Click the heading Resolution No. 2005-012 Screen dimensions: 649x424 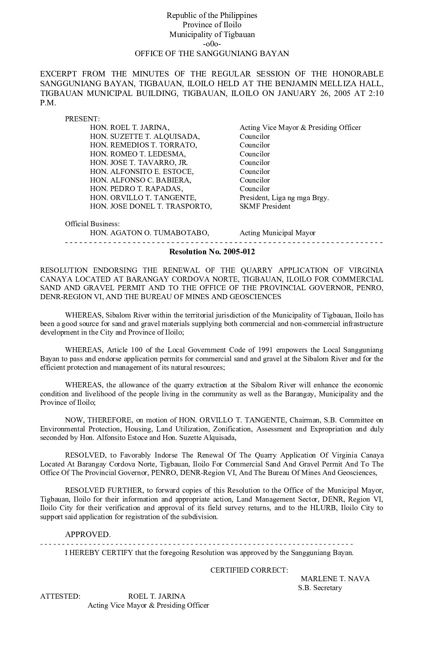[x=212, y=252]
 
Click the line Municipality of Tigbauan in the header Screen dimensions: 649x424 [x=212, y=34]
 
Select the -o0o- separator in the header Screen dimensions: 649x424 [x=212, y=44]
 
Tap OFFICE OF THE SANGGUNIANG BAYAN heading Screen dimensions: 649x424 [x=212, y=53]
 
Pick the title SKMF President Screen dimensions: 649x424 [x=265, y=206]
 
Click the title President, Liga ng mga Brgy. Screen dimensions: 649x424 [x=284, y=198]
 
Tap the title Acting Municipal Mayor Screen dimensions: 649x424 [x=277, y=233]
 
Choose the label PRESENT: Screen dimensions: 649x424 [x=83, y=119]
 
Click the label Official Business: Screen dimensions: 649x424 [x=92, y=224]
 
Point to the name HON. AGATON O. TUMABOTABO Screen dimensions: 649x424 [x=149, y=233]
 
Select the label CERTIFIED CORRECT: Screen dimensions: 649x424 [x=249, y=570]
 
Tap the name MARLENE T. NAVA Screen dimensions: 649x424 [x=335, y=579]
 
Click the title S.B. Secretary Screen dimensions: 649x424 [x=320, y=588]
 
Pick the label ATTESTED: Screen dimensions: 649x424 [x=60, y=596]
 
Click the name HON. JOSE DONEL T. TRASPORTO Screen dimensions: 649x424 [x=151, y=206]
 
